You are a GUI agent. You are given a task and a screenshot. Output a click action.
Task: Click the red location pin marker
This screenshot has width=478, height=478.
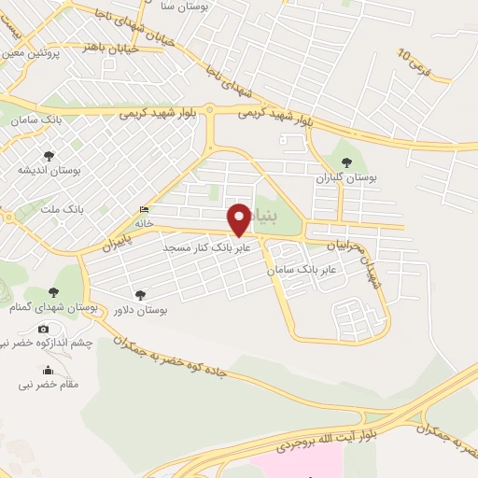pos(240,218)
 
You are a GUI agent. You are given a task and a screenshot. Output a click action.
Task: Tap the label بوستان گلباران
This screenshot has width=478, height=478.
pos(344,176)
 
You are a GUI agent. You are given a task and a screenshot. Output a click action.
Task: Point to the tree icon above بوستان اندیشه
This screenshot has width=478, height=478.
pos(49,156)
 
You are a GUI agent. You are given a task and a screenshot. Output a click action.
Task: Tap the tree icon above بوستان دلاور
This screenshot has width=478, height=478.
pos(141,294)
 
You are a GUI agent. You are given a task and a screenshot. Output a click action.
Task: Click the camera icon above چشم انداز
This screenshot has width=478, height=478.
pos(43,329)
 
